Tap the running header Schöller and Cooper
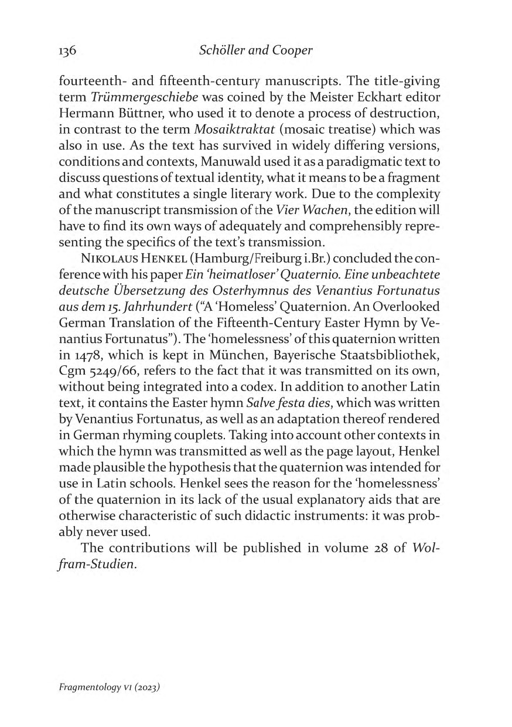[256, 50]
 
